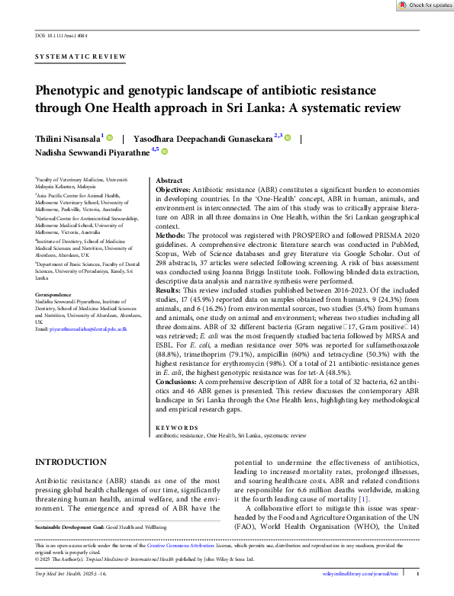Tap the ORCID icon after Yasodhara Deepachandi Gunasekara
pos(288,138)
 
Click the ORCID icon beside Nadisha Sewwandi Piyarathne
pos(164,152)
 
